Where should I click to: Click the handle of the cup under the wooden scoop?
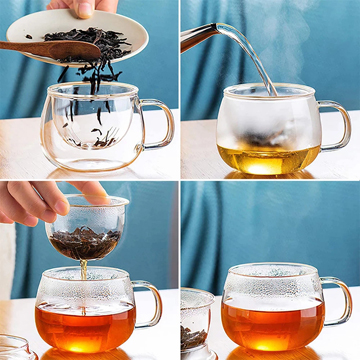pos(159,123)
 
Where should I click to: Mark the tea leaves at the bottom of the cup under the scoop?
pos(95,140)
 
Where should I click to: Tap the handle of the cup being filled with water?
pos(337,124)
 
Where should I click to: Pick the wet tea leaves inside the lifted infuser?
pos(85,240)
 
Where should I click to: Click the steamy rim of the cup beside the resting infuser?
pos(272,272)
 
